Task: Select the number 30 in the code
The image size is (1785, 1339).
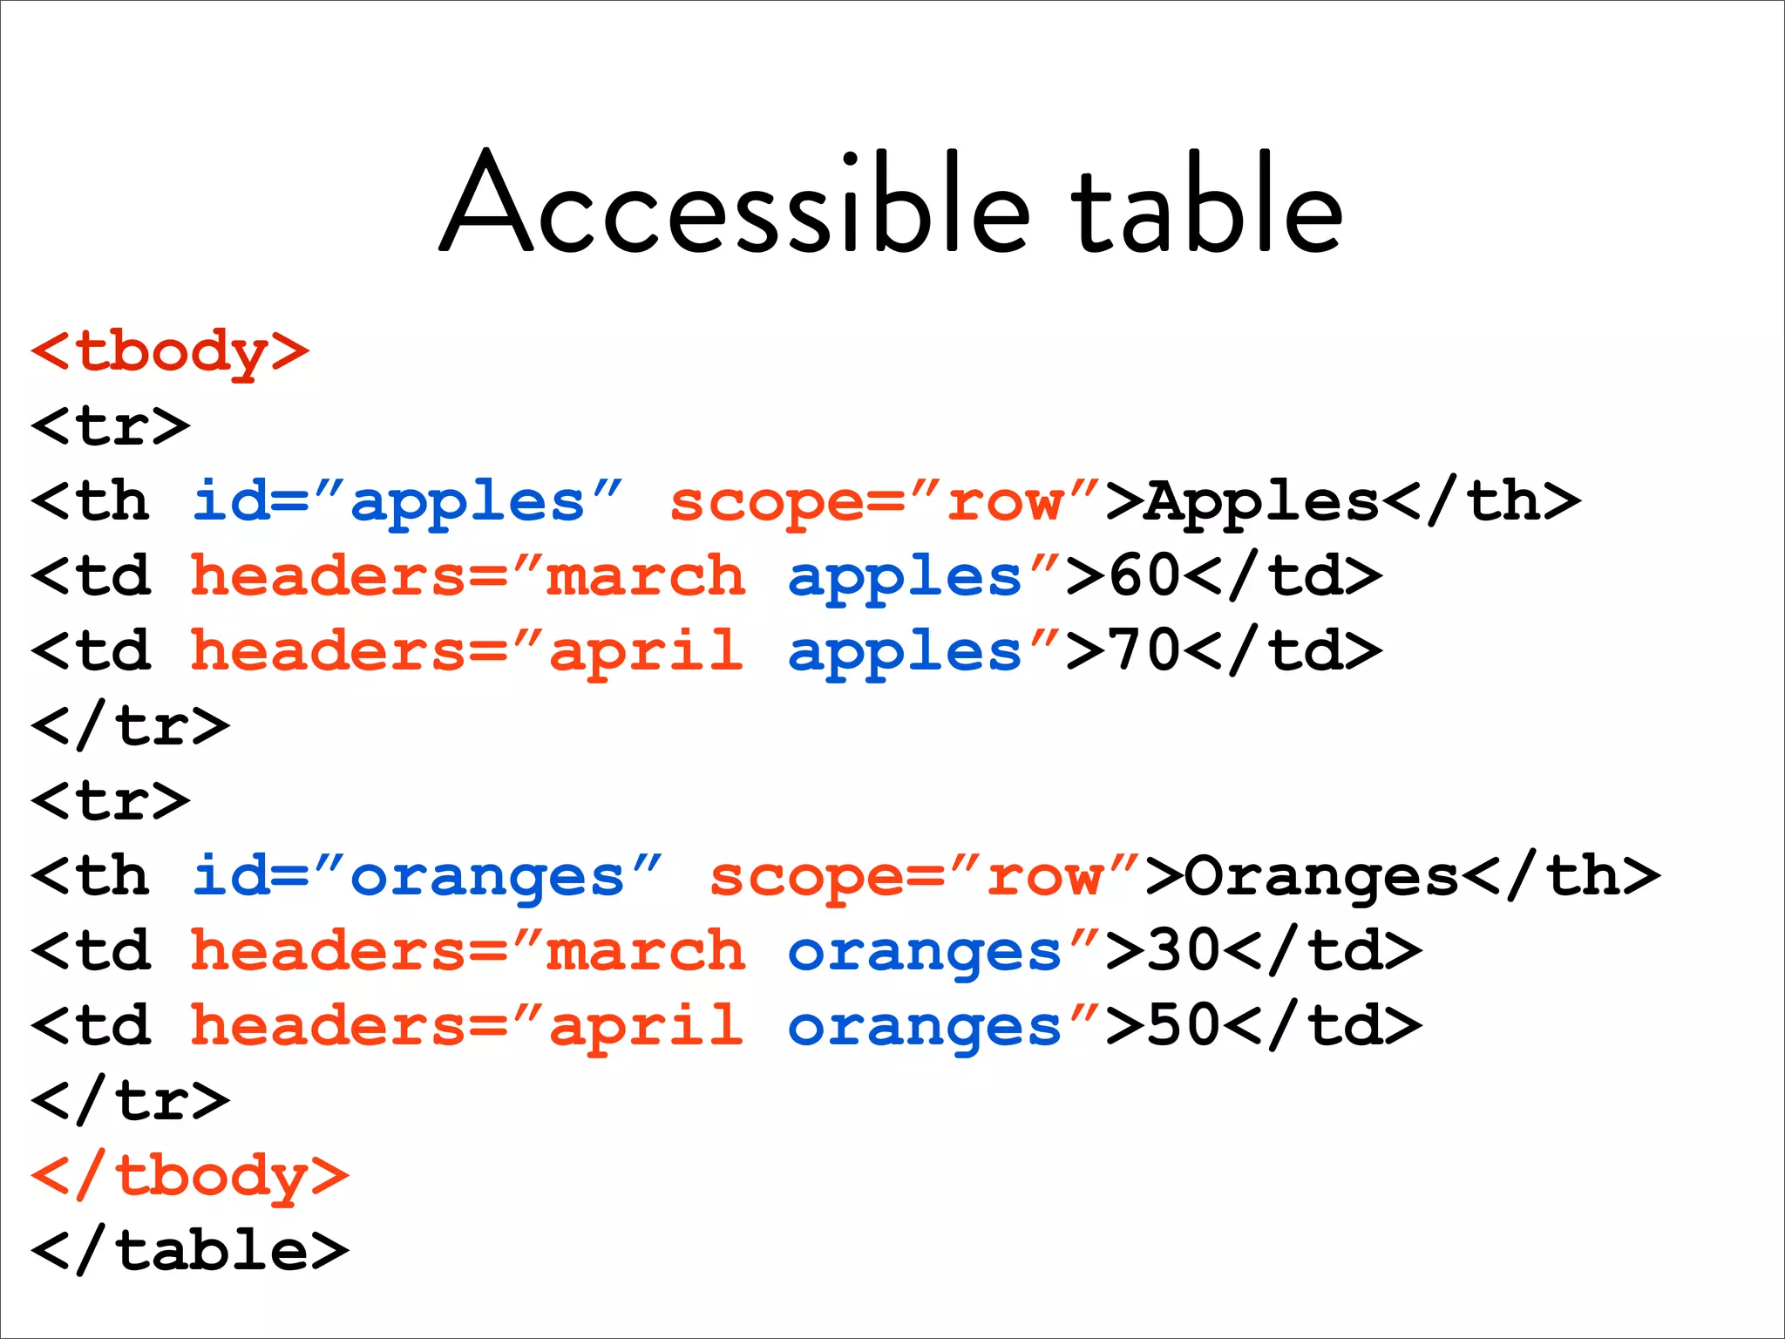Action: pyautogui.click(x=1184, y=951)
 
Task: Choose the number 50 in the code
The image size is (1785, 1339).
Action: pyautogui.click(x=1184, y=1026)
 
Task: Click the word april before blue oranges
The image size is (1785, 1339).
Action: pyautogui.click(x=645, y=1026)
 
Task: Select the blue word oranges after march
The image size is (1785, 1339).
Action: pyautogui.click(x=924, y=951)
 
